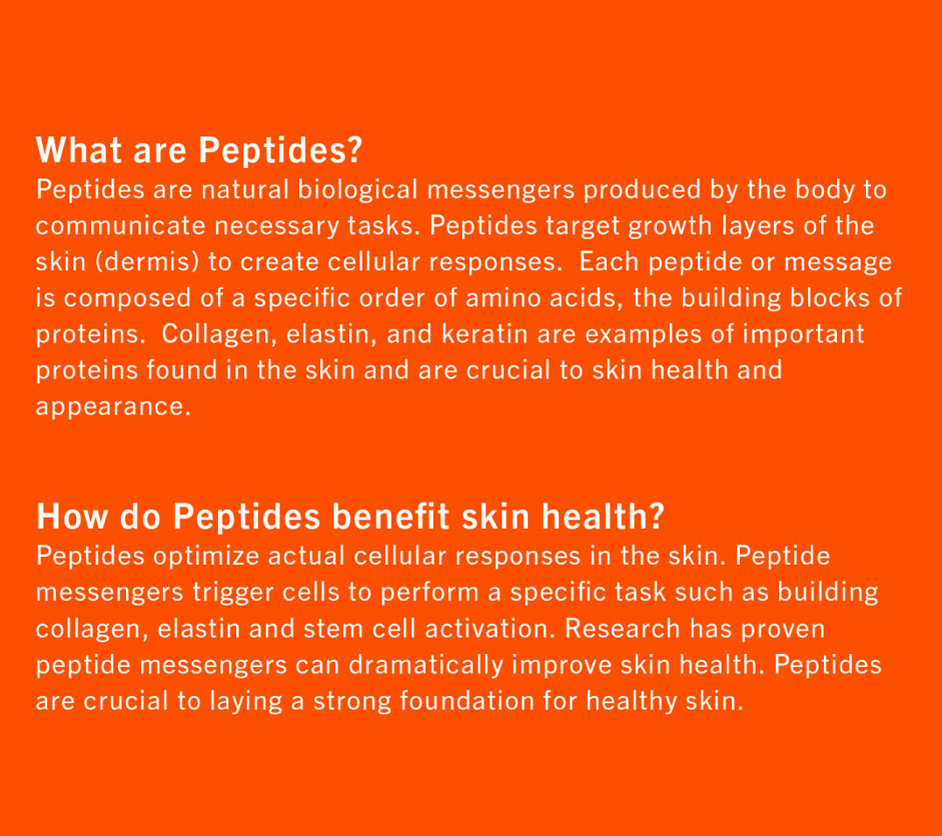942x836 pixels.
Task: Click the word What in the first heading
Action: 79,150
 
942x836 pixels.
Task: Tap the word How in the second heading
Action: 72,516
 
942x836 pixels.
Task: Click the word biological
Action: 358,191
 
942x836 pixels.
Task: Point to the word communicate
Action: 120,226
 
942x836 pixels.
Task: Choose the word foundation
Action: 467,700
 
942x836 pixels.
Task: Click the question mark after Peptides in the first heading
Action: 354,150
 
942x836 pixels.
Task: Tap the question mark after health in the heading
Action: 657,516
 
